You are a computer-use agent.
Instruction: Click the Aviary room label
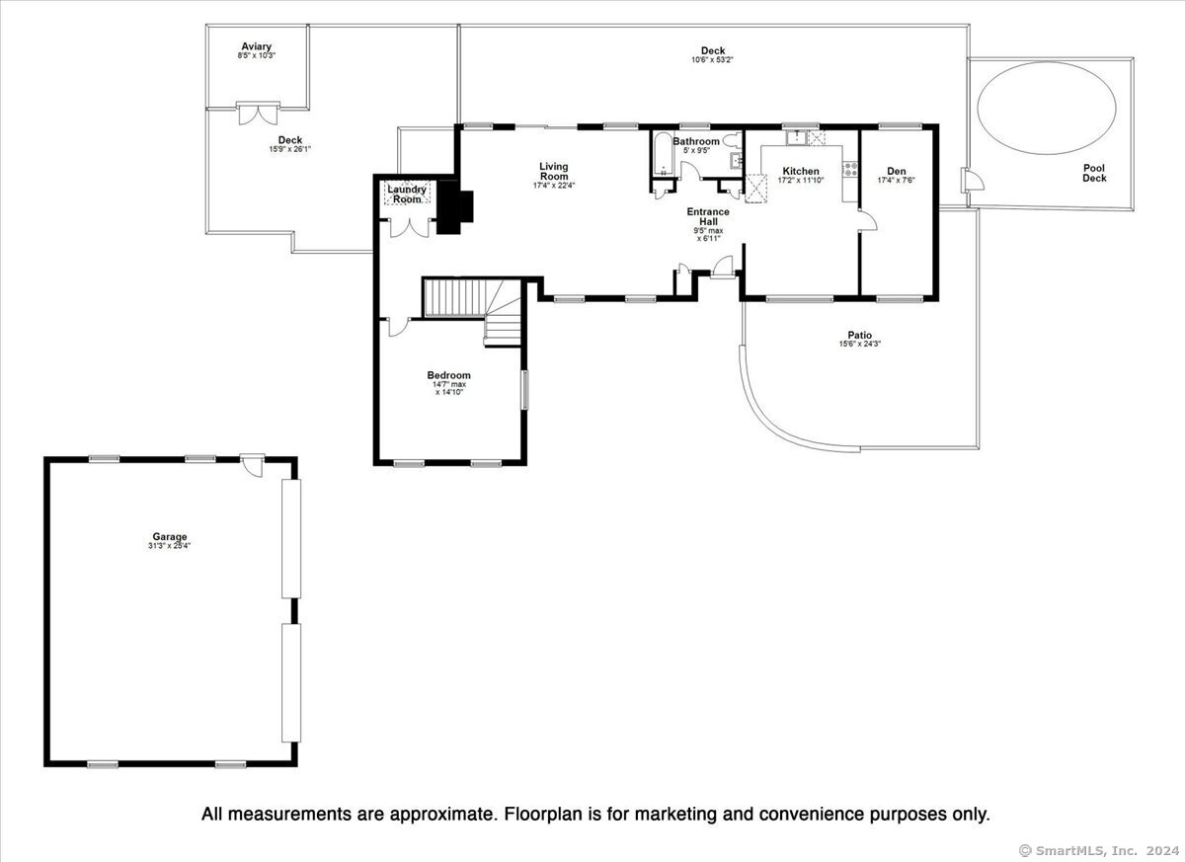257,46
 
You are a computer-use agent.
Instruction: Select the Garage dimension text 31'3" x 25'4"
169,546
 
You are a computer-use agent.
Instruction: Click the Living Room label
554,172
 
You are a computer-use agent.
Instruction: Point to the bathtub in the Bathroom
663,154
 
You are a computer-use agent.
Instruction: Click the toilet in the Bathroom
733,140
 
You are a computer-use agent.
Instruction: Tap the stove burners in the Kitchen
850,169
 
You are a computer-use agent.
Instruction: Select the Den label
897,172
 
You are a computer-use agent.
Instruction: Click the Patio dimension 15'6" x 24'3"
860,345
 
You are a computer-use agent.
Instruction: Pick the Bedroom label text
448,375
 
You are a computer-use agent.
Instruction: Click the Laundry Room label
407,195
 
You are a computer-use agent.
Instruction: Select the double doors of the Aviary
258,114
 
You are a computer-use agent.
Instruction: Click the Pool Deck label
1094,173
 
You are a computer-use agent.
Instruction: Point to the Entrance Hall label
708,216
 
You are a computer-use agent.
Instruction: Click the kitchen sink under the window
796,138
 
